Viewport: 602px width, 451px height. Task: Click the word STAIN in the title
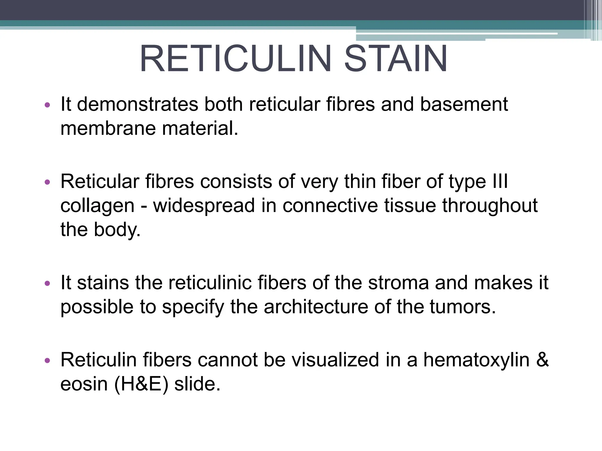396,59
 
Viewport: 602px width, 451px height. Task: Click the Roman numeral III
500,181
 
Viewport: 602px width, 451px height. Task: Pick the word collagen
97,206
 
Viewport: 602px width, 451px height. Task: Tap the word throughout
490,206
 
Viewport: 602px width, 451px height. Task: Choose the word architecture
316,307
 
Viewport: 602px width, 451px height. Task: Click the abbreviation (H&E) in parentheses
141,384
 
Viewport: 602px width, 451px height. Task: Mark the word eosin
84,384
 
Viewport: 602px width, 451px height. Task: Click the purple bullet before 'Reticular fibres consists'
47,182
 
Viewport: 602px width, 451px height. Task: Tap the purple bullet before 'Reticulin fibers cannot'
47,361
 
